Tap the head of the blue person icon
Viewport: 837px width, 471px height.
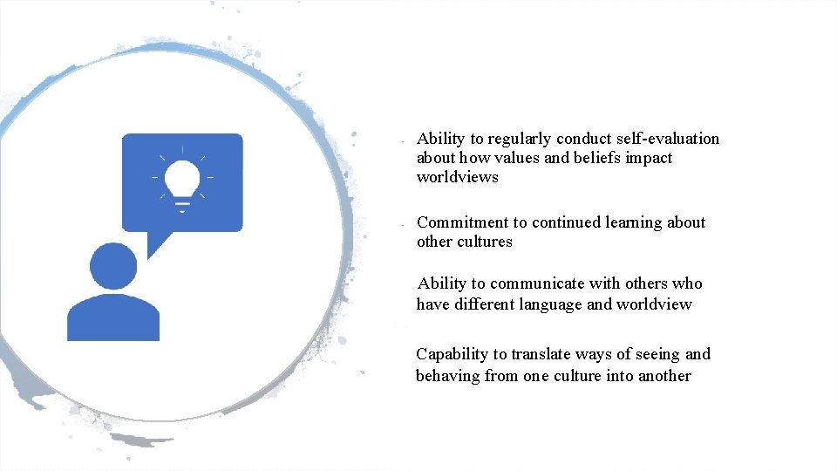pyautogui.click(x=113, y=266)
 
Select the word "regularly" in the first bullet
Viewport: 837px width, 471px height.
pyautogui.click(x=520, y=139)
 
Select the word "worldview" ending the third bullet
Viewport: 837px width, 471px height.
pyautogui.click(x=654, y=304)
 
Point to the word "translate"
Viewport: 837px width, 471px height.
pyautogui.click(x=541, y=354)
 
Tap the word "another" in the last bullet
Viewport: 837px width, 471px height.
pyautogui.click(x=664, y=376)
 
